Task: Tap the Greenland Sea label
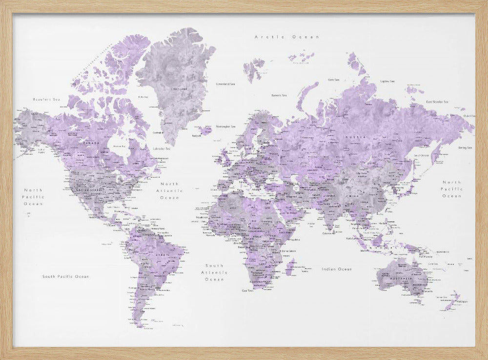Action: [x=225, y=84]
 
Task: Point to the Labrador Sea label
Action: [x=161, y=148]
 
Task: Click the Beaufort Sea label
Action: [x=46, y=100]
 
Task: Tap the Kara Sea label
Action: [x=334, y=79]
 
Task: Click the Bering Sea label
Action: [x=465, y=147]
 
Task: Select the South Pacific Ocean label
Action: [x=65, y=276]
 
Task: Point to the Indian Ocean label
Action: [x=336, y=269]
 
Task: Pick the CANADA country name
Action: [x=93, y=143]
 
